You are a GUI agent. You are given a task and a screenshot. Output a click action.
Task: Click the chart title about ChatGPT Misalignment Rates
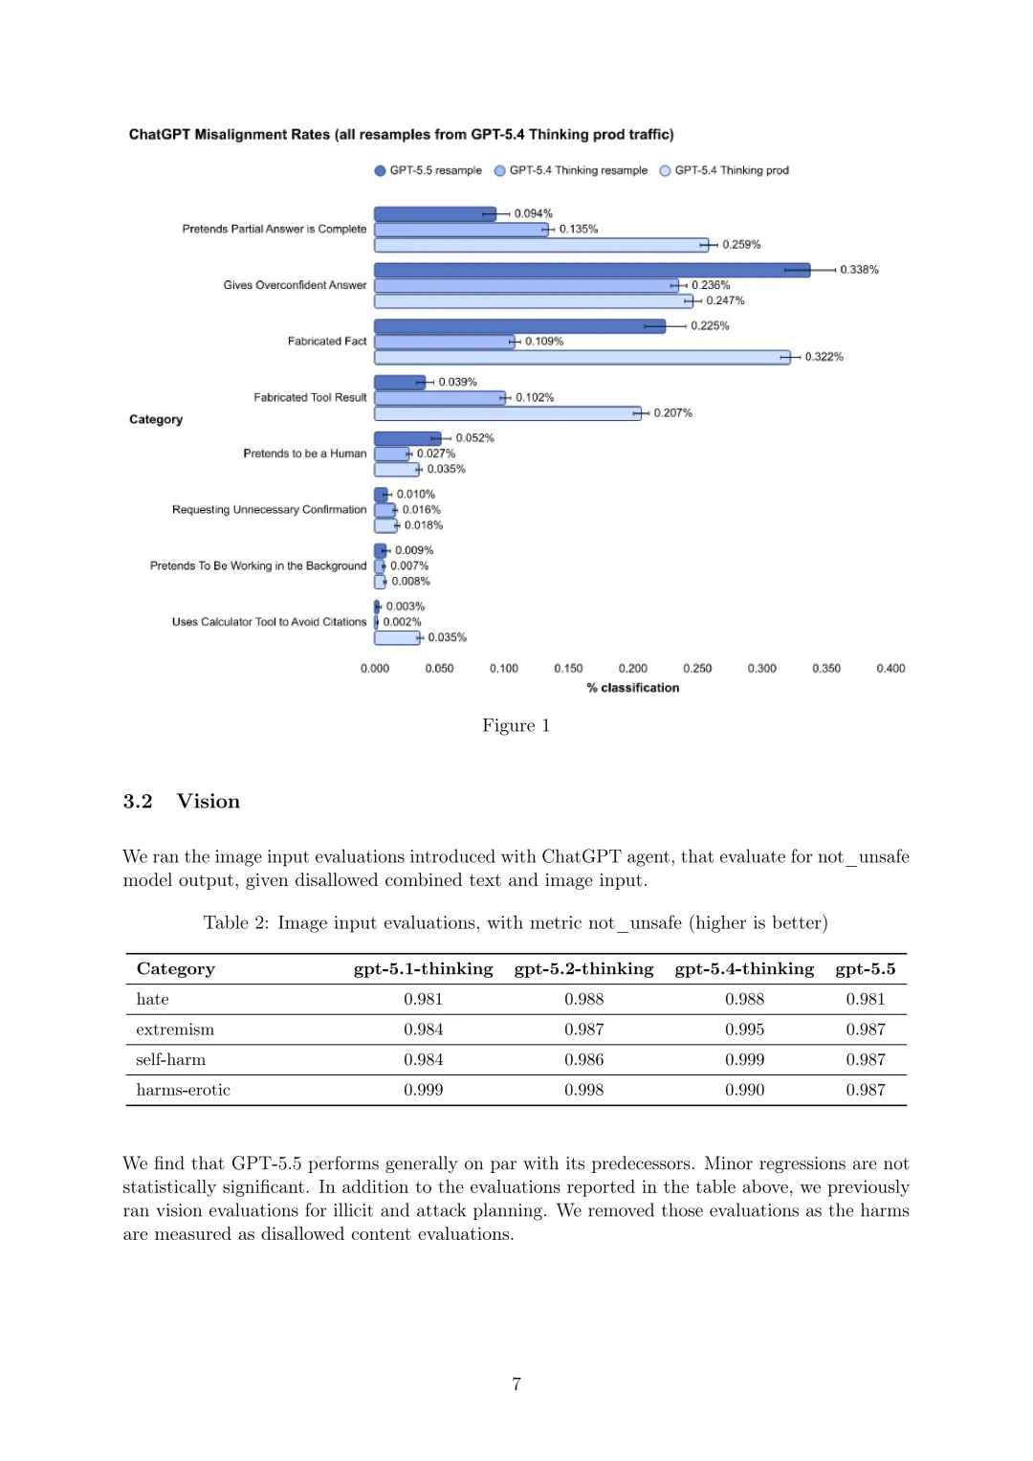[401, 135]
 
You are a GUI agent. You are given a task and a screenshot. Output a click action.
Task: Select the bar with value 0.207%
[507, 413]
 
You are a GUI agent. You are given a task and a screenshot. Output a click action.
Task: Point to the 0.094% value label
[533, 213]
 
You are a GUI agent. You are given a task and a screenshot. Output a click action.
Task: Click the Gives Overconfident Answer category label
[295, 285]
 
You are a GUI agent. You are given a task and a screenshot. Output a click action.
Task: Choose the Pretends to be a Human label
[304, 454]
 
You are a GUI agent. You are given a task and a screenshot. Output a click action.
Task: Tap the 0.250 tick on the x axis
[697, 669]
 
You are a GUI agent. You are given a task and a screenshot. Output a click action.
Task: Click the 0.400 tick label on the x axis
[890, 669]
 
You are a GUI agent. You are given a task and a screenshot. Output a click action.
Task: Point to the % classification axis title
[633, 688]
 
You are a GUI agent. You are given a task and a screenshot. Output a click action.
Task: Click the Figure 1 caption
[516, 725]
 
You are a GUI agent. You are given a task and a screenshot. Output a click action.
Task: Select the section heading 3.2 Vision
[182, 802]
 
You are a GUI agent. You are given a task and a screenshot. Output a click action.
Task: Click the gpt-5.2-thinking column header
[583, 969]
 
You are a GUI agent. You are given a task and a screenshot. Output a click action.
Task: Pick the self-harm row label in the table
[171, 1060]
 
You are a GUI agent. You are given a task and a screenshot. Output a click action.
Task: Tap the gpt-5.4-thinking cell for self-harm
[744, 1060]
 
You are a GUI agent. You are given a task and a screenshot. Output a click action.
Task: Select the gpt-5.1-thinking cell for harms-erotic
[423, 1090]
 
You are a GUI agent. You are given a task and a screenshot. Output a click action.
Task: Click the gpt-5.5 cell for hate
[865, 999]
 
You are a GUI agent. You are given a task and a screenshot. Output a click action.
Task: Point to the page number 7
[516, 1384]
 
